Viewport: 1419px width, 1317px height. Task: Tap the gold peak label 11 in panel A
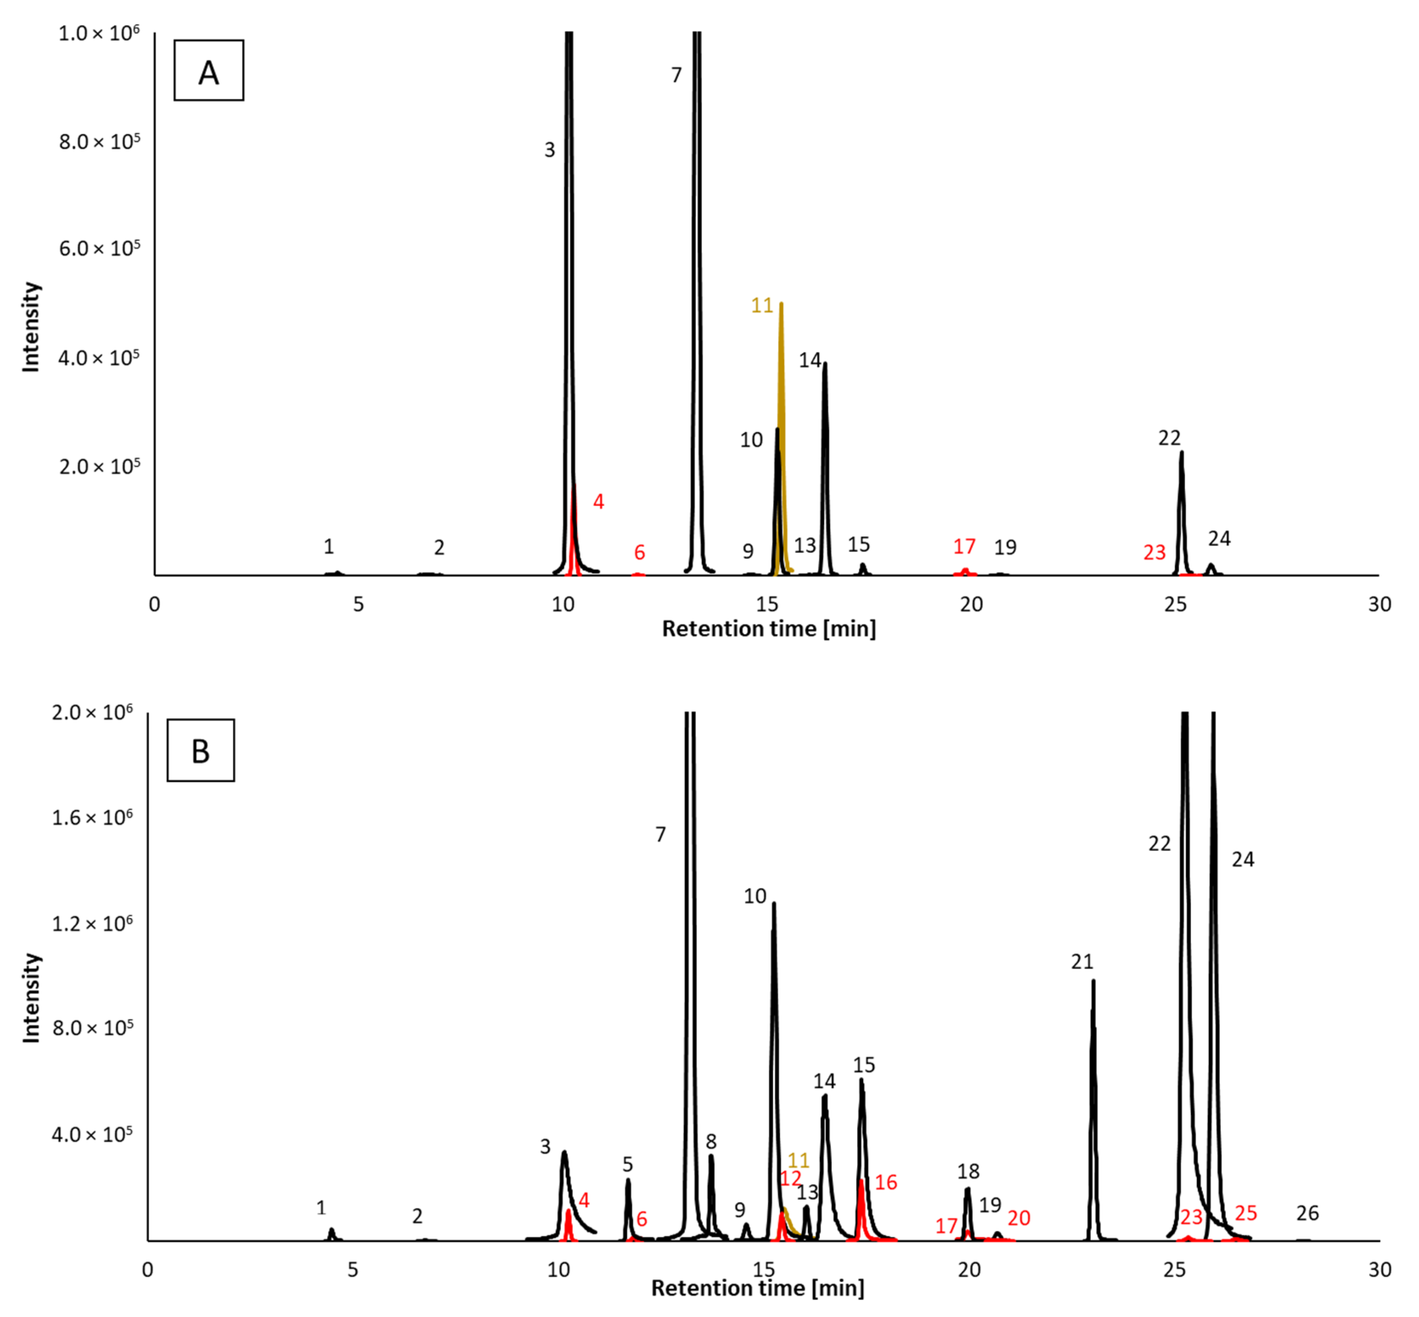(761, 306)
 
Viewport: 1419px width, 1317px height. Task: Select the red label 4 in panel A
(598, 502)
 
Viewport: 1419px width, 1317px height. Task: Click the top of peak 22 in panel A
(1181, 452)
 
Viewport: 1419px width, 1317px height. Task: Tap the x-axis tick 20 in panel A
(971, 604)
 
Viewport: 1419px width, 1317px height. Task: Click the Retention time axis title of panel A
(769, 629)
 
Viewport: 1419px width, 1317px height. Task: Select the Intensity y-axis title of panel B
(31, 998)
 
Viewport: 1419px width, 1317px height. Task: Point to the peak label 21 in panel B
(1081, 962)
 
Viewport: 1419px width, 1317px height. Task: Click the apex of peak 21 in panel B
(1093, 981)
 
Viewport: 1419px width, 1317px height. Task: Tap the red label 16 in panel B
(885, 1182)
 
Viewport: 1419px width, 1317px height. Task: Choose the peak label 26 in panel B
(1307, 1213)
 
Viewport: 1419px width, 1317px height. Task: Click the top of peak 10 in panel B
(774, 904)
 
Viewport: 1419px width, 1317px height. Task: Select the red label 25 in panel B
(1245, 1213)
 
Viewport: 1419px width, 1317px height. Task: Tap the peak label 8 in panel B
(710, 1142)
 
